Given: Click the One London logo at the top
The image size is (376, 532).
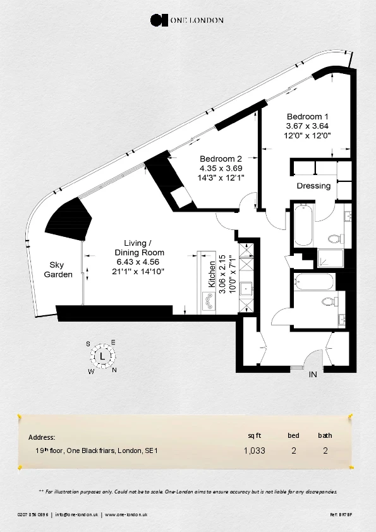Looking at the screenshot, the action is point(187,20).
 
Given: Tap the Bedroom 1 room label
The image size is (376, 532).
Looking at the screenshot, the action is point(308,117).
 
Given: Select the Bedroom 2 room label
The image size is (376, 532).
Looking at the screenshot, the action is point(221,159).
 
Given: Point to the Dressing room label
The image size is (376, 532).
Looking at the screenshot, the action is point(313,186).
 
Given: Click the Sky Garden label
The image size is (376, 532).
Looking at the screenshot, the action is point(58,270).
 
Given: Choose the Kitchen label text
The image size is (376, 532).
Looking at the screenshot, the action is point(212,274).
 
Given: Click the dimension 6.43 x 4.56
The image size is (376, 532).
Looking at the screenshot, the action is point(138,262).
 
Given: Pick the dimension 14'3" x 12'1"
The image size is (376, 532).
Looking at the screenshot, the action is point(221,178).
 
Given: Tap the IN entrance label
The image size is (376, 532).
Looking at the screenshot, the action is point(313,375).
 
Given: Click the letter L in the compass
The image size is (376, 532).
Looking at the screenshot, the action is point(102,356).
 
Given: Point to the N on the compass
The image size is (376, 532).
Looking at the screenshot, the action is point(114,370).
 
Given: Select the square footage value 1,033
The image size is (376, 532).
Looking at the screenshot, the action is point(254,450).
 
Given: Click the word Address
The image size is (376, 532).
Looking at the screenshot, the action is point(42,437).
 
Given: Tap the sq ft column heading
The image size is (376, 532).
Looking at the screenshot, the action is point(255,435).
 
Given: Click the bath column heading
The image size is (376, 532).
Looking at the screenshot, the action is point(325,435).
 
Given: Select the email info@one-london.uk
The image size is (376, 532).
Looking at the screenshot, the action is point(76,515).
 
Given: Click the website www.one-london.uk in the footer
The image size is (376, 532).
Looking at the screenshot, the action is point(126,515).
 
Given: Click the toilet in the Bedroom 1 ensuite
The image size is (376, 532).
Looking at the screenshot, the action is point(333,239).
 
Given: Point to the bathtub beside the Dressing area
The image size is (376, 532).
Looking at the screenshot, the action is point(303,224).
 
